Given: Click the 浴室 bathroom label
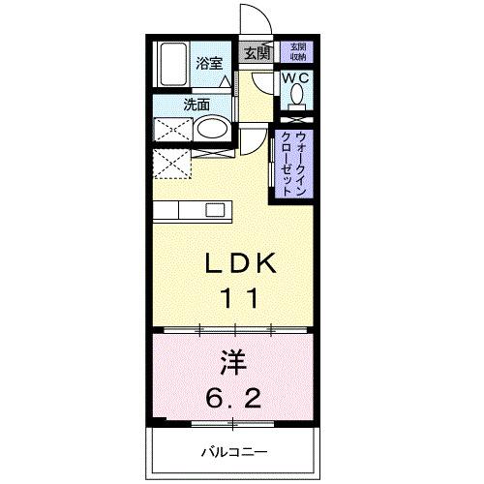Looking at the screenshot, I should (209, 64).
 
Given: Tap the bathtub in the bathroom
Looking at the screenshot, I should (173, 66).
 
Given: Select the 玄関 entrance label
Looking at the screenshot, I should (257, 54).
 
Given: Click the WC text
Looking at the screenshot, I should (295, 77).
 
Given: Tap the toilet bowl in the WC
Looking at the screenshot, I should (295, 95).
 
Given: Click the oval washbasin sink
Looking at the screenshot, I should (212, 129).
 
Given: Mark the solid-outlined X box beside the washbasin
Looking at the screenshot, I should (172, 129).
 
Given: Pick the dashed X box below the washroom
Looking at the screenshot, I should (172, 162).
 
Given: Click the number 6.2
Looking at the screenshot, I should (237, 398).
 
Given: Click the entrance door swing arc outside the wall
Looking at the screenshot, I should (254, 19).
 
